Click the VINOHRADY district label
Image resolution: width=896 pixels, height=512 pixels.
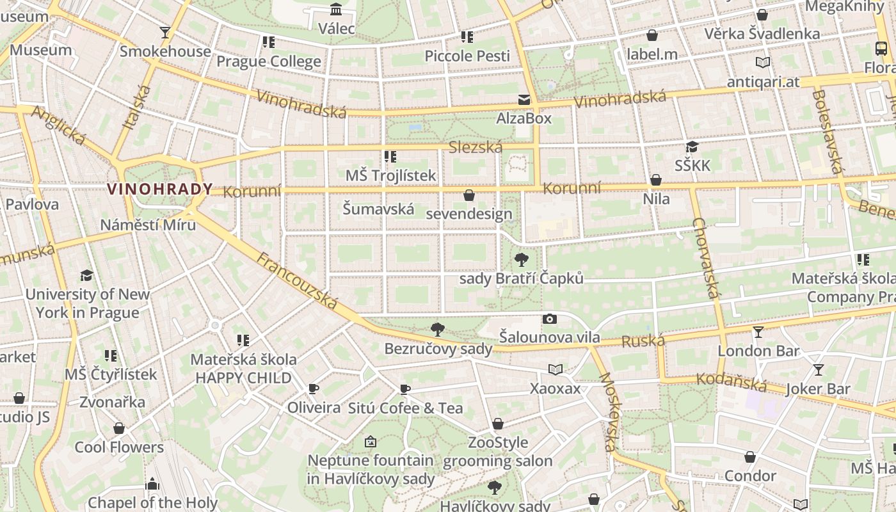(160, 189)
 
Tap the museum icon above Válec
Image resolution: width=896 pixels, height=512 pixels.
(336, 9)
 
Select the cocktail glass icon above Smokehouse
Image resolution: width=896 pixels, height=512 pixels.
(165, 32)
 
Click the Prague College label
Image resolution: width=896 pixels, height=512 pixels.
(269, 61)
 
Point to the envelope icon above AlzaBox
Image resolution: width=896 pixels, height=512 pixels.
(524, 99)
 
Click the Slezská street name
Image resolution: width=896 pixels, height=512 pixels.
(476, 147)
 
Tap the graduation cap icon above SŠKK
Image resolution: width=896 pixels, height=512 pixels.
(692, 147)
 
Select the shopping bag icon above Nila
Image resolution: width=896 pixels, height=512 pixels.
(656, 180)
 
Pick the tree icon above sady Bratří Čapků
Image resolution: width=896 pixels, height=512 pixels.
(522, 260)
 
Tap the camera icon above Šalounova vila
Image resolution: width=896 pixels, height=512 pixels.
(549, 319)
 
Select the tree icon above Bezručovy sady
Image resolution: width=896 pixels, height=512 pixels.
(438, 330)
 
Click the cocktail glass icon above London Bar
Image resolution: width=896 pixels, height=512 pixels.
(758, 332)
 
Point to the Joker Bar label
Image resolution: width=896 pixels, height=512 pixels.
(818, 388)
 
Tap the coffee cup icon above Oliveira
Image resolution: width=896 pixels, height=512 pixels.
(314, 388)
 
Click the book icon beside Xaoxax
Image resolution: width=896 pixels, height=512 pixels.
(556, 369)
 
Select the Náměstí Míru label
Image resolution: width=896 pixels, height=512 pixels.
(148, 225)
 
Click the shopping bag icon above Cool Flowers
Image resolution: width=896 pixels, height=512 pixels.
(119, 428)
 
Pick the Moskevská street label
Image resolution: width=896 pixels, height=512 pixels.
(609, 413)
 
